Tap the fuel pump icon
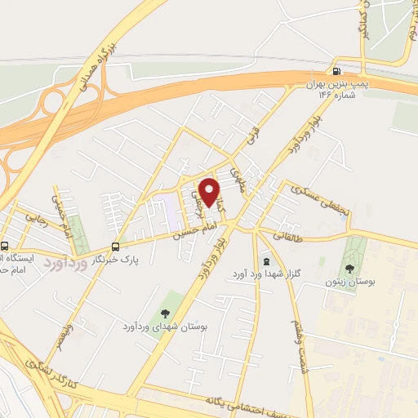pos(337,71)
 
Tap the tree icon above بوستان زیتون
pos(350,268)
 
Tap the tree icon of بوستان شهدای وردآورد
pos(164,313)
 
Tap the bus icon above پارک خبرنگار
pos(115,246)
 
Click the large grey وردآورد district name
pos(65,262)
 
